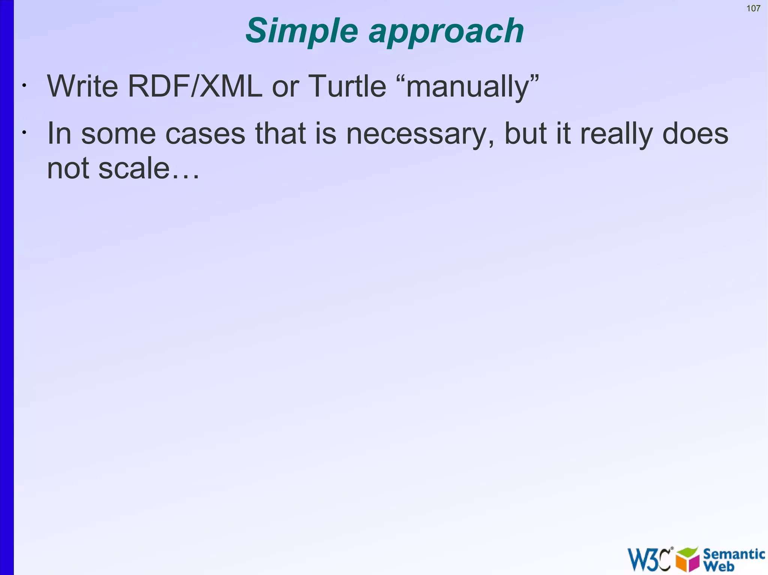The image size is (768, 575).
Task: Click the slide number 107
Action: [753, 8]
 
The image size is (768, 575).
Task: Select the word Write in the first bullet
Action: [82, 87]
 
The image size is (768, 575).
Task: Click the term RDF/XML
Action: [195, 87]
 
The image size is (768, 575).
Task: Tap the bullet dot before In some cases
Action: [24, 132]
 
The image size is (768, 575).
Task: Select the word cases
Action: [205, 134]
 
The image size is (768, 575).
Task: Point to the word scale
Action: [134, 169]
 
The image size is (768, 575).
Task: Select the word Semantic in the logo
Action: [734, 554]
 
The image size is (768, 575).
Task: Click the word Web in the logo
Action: [719, 566]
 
